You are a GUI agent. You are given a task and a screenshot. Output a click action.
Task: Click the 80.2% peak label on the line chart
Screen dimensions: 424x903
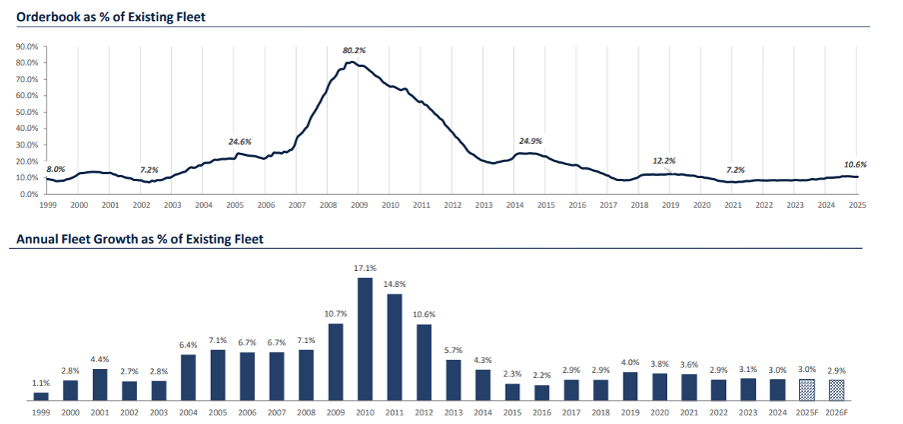pyautogui.click(x=354, y=50)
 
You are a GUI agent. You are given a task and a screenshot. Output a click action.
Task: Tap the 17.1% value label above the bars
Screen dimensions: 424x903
pyautogui.click(x=365, y=268)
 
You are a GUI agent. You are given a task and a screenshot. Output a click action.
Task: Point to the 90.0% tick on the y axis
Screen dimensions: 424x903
pyautogui.click(x=27, y=46)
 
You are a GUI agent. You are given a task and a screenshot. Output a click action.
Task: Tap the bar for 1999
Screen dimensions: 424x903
pyautogui.click(x=41, y=395)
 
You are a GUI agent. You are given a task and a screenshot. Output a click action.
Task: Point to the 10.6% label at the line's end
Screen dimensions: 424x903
pyautogui.click(x=855, y=164)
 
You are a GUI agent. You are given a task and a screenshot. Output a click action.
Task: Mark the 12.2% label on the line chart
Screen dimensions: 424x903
pyautogui.click(x=664, y=160)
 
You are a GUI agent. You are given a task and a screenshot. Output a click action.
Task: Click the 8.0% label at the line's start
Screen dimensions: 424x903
pyautogui.click(x=55, y=169)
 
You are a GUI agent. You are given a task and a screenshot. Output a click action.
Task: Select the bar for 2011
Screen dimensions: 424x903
pyautogui.click(x=394, y=346)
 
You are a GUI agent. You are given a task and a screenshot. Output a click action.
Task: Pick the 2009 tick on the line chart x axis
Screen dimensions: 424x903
pyautogui.click(x=359, y=204)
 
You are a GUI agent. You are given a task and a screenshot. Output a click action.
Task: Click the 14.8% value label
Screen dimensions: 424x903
pyautogui.click(x=394, y=285)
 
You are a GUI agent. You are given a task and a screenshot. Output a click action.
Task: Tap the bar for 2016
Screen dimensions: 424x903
pyautogui.click(x=541, y=392)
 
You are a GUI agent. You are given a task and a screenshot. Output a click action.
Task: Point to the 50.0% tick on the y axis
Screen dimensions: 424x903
pyautogui.click(x=27, y=112)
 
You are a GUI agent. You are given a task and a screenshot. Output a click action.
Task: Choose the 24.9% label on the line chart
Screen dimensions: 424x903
pyautogui.click(x=529, y=141)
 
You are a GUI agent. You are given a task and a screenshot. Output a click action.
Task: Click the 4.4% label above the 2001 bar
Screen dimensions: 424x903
pyautogui.click(x=100, y=360)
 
